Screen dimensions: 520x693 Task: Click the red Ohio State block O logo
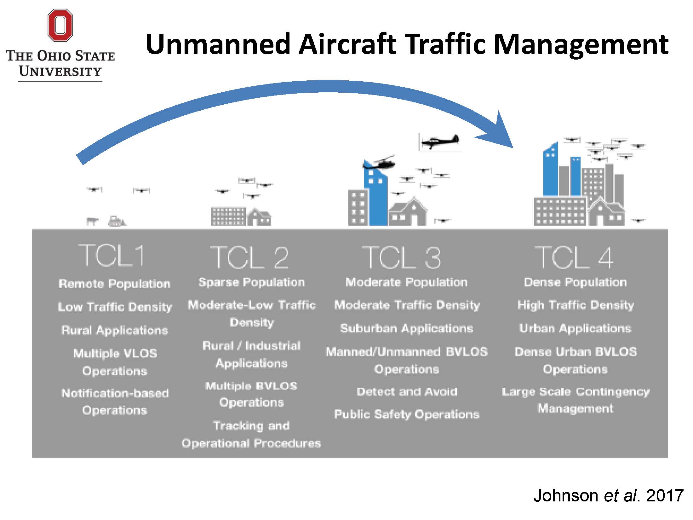60,25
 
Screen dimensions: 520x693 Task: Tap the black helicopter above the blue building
380,164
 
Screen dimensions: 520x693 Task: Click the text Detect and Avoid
407,391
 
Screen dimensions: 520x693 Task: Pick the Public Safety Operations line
406,414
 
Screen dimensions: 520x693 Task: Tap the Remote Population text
115,284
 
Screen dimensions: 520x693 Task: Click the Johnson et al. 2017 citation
608,495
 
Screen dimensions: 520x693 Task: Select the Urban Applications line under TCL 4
575,328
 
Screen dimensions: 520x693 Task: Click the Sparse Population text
251,282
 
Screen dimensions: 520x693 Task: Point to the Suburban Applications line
407,328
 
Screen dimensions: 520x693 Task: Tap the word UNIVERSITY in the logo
60,72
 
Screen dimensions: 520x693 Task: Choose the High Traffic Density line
576,305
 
